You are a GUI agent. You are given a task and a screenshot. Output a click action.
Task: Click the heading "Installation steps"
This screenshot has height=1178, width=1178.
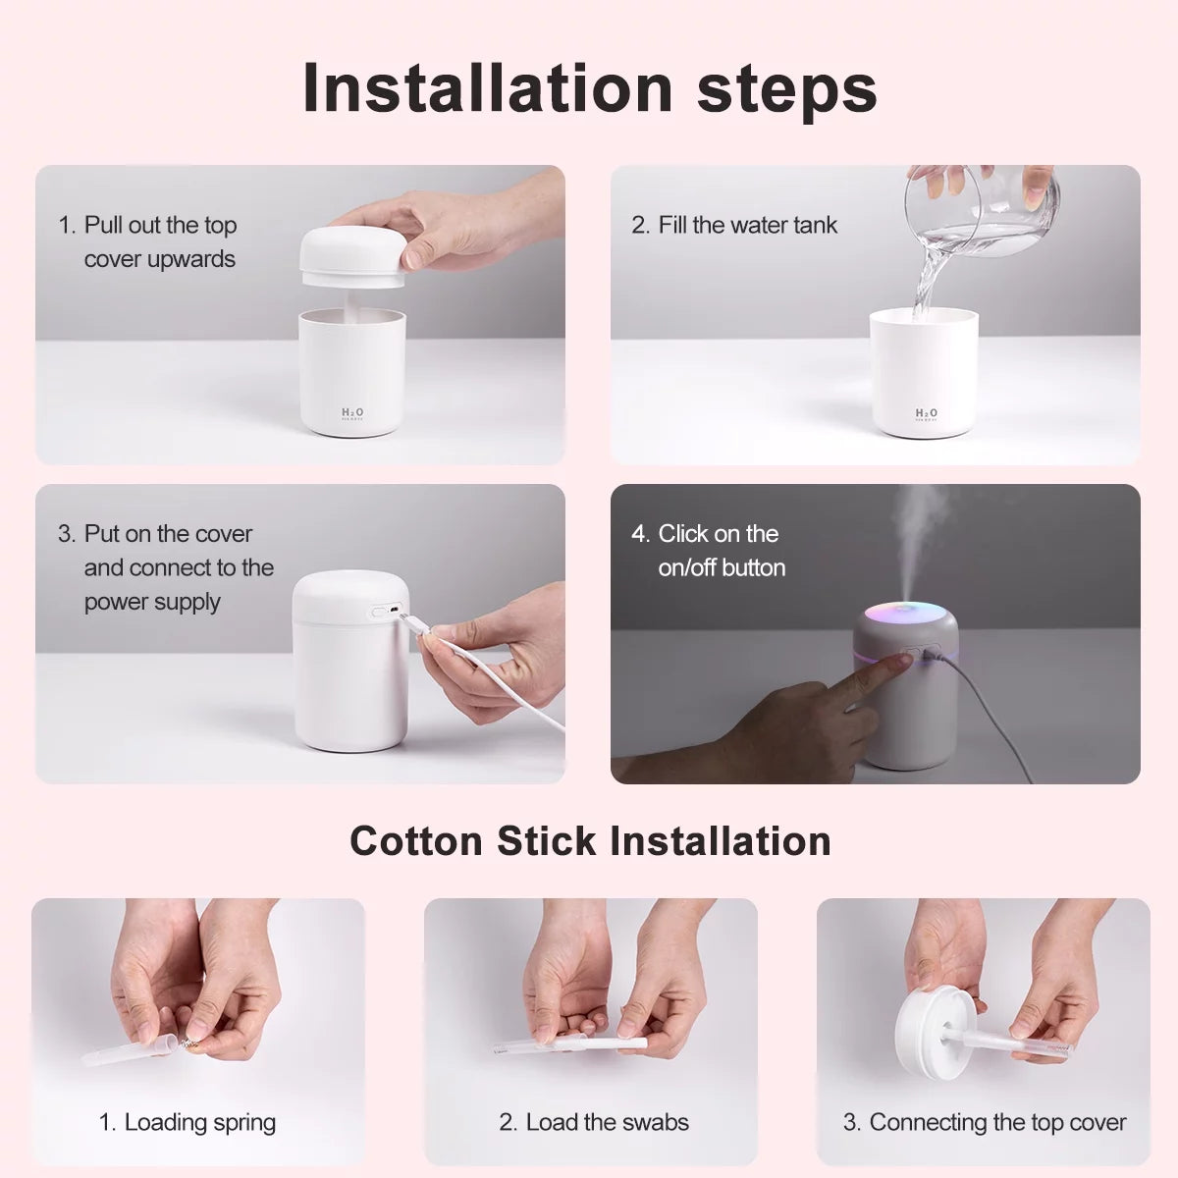[x=589, y=88]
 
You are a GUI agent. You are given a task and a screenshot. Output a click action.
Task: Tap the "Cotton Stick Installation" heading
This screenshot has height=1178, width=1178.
[x=590, y=841]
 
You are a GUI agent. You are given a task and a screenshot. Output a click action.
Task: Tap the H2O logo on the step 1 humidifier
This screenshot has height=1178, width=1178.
[x=351, y=414]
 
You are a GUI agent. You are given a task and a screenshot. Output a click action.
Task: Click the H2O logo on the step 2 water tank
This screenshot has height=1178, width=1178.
[x=926, y=414]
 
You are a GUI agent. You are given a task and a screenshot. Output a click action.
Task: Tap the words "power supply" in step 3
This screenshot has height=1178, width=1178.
[x=152, y=602]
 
